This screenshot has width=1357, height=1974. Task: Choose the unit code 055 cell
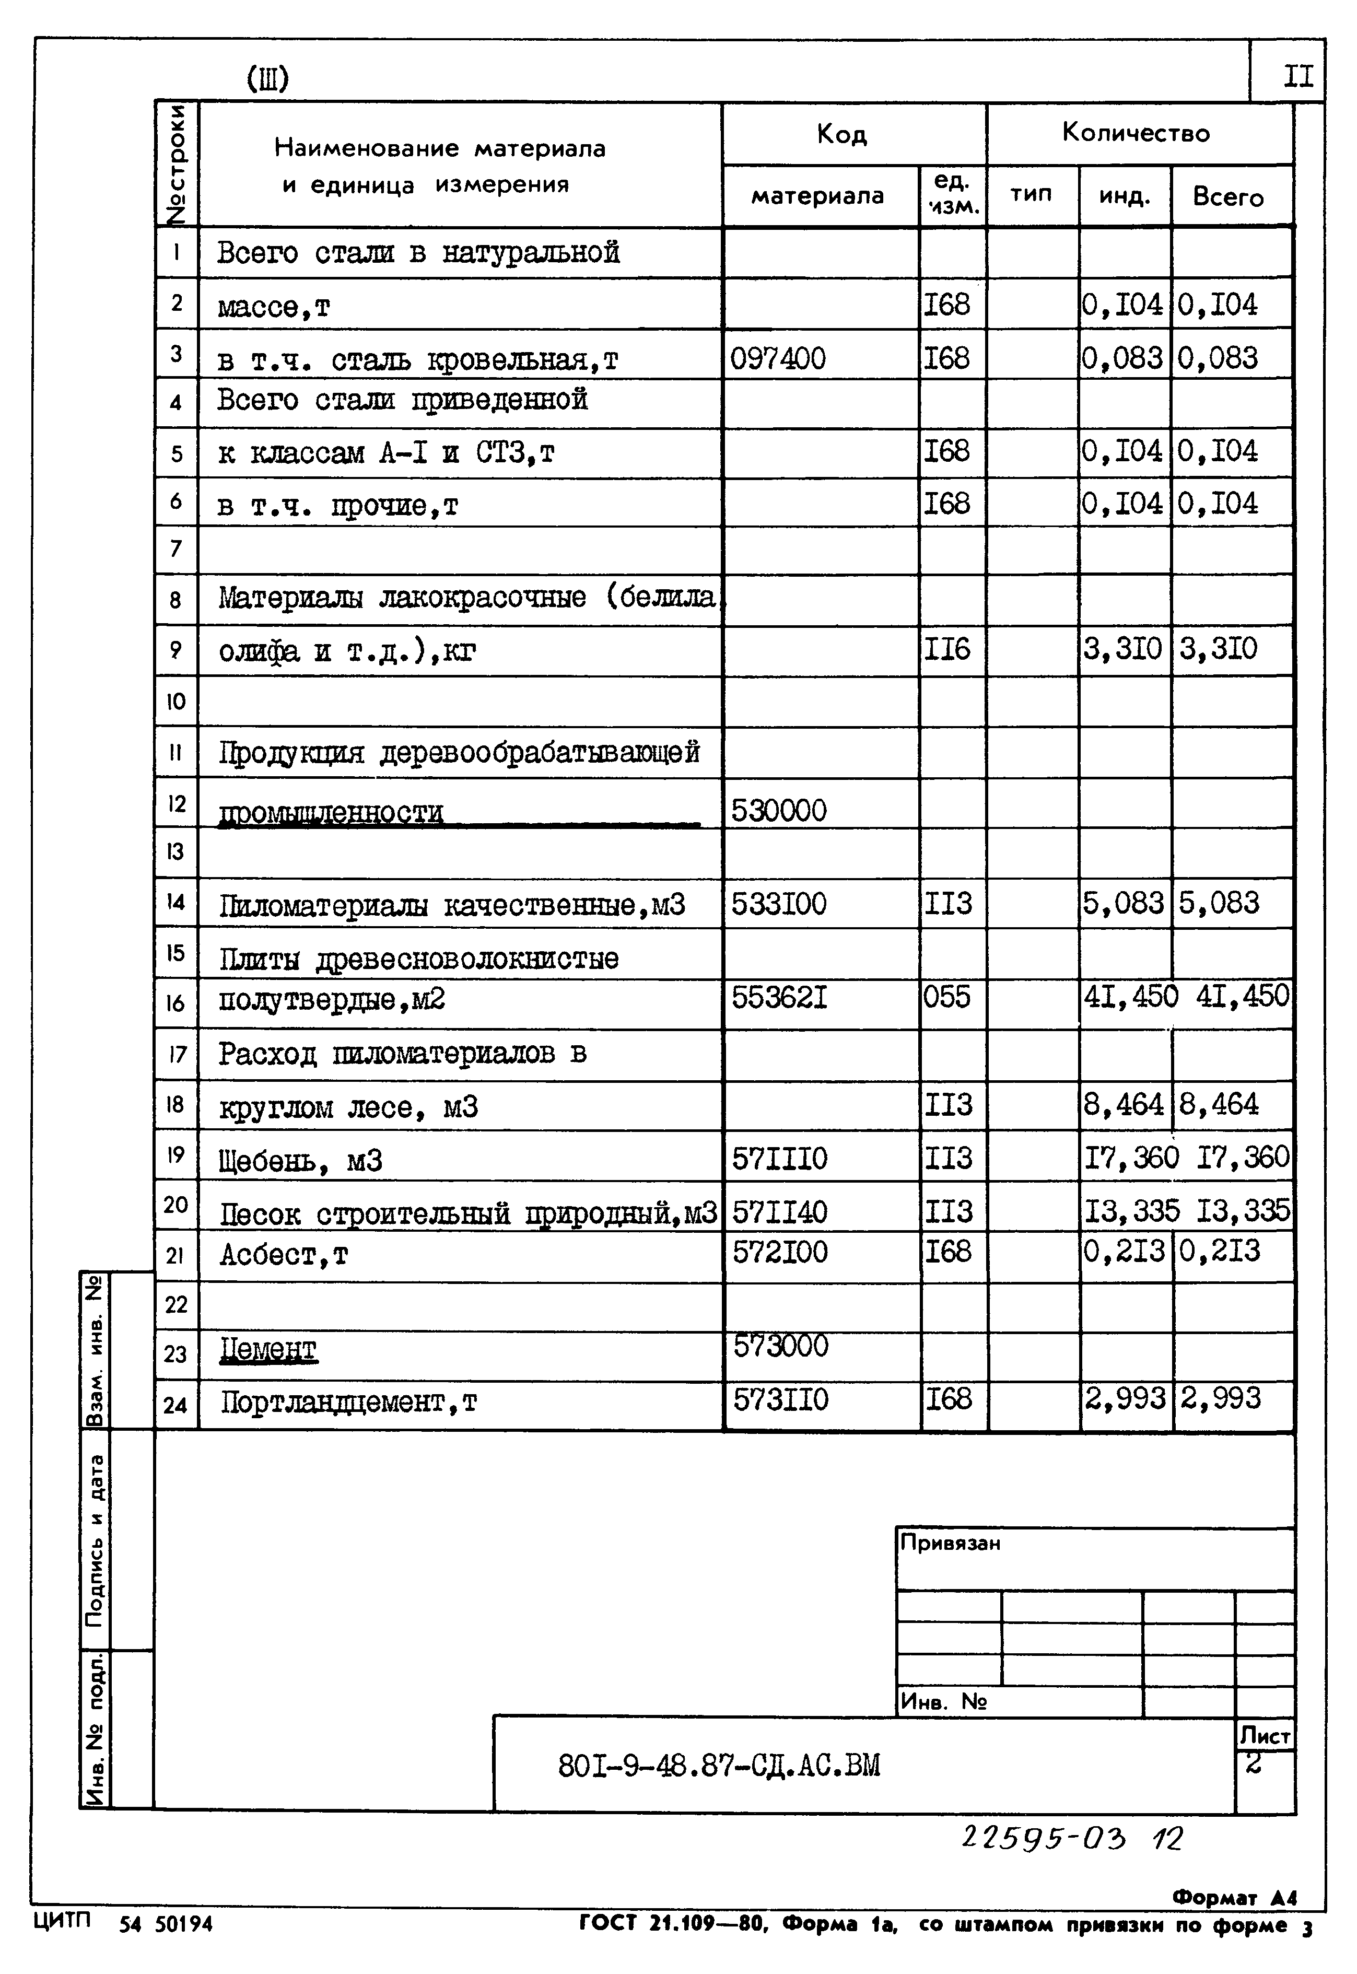[x=946, y=996]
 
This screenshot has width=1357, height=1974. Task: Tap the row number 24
[x=175, y=1405]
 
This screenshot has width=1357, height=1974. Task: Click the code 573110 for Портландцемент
[x=780, y=1399]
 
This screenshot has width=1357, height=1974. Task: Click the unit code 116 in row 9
[x=946, y=649]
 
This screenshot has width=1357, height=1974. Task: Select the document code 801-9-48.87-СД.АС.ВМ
[x=719, y=1767]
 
